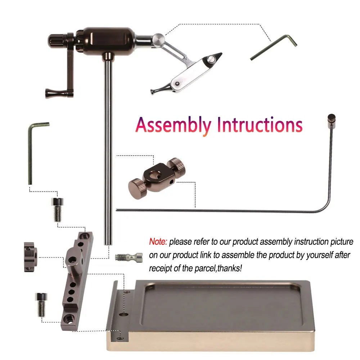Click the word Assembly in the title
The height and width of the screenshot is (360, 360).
pos(174,125)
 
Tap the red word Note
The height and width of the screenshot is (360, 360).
pos(158,242)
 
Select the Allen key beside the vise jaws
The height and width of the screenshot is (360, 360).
pos(273,48)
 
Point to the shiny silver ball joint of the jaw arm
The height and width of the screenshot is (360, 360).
pos(158,39)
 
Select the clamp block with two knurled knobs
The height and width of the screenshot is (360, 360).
pos(157,179)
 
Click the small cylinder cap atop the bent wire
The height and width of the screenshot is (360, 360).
pos(332,119)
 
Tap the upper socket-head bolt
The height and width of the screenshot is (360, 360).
pos(57,210)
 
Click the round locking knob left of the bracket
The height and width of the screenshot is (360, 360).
pos(30,257)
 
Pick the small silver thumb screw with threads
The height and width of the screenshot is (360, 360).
pos(129,257)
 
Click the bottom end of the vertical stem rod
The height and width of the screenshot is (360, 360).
pos(108,244)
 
